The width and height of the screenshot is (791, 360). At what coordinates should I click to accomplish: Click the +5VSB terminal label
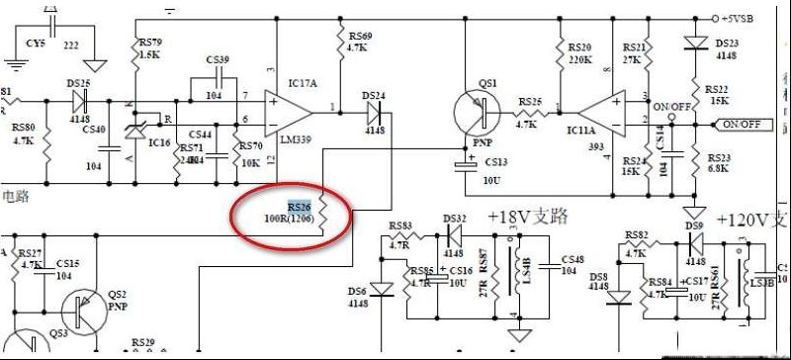point(740,18)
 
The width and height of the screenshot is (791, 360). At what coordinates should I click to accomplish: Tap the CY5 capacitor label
point(36,45)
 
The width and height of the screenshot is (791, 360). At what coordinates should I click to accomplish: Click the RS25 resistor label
point(530,102)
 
